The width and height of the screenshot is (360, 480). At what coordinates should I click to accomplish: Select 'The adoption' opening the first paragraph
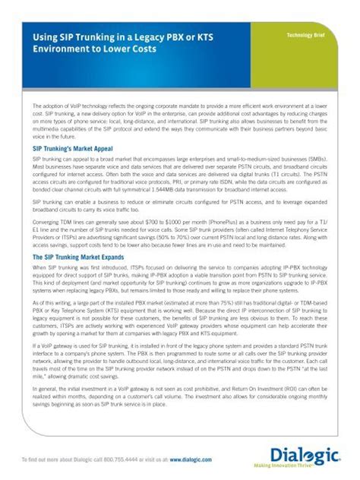pyautogui.click(x=49, y=106)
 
